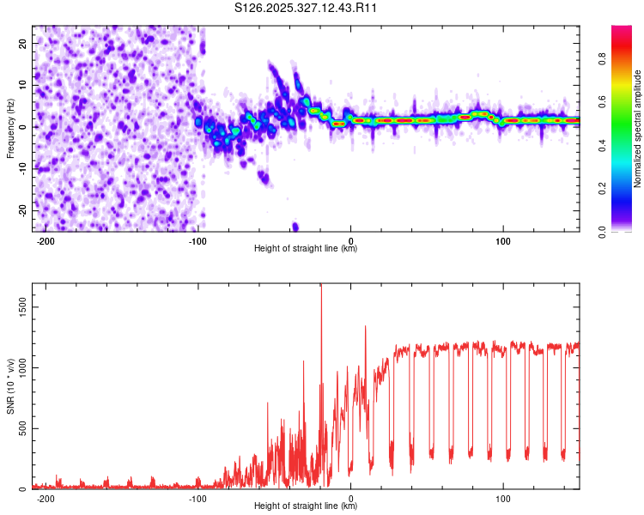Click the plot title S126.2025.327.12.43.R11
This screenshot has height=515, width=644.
pos(307,8)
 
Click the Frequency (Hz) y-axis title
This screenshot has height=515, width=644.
pos(10,127)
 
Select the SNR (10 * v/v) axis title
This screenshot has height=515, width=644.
pos(10,386)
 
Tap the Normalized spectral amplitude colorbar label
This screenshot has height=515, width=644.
pos(638,129)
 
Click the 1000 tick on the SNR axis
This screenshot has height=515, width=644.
pos(17,367)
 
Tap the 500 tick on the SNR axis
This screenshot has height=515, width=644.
pos(20,428)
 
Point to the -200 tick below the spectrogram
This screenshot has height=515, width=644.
pos(46,241)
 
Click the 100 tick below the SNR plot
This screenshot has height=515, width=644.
pos(502,499)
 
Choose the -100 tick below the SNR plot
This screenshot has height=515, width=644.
pos(197,499)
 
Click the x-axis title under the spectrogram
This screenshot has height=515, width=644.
pos(306,249)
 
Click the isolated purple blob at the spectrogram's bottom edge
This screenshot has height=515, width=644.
pos(295,227)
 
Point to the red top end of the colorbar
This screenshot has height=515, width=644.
pos(621,29)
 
